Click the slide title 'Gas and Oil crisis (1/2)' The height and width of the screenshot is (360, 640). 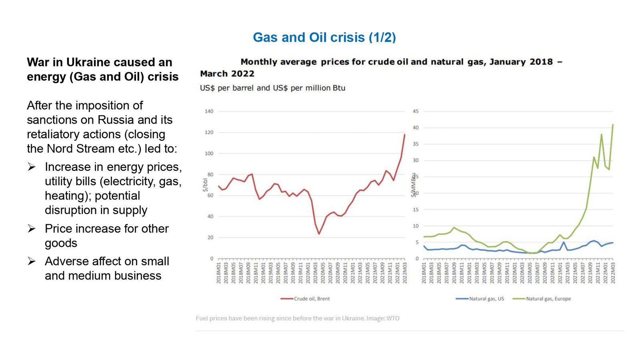point(324,37)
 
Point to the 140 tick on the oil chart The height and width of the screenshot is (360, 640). point(209,111)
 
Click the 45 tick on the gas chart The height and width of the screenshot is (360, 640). point(416,111)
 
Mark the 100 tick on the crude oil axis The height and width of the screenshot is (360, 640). point(209,154)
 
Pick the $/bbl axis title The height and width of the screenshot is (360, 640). point(205,185)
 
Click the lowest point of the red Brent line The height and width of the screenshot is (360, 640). point(319,234)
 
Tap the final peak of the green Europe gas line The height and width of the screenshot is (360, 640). point(613,125)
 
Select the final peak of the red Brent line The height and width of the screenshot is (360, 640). point(404,134)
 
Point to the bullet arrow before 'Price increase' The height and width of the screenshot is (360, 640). point(32,228)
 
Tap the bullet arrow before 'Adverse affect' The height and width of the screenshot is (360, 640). point(32,261)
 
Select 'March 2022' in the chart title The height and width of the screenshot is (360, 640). point(227,74)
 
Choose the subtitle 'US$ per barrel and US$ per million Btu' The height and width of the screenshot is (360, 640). point(272,88)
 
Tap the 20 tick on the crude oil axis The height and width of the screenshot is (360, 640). point(210,238)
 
